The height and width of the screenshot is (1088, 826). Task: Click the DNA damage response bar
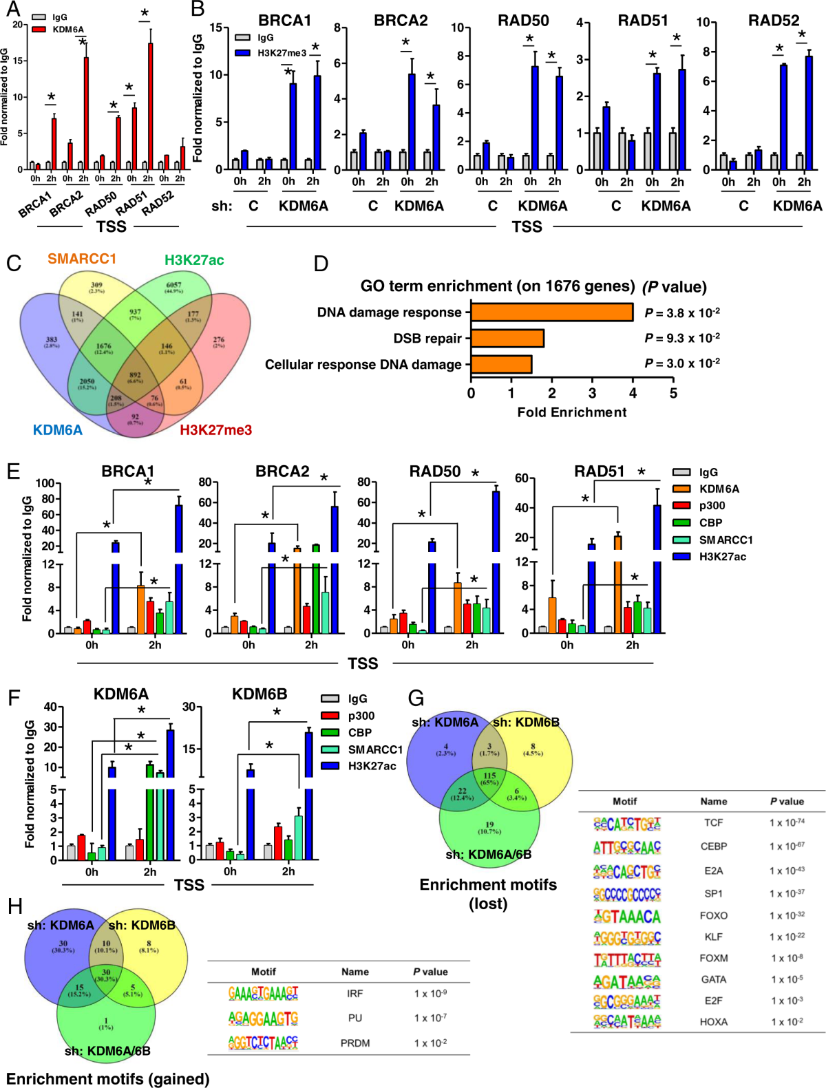[x=551, y=312]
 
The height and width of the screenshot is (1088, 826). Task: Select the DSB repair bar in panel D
[x=507, y=338]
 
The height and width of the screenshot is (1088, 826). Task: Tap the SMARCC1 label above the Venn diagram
[x=82, y=259]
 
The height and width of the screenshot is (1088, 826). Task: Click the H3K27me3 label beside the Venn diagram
[x=215, y=430]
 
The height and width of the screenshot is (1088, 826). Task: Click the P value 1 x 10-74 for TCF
[x=787, y=822]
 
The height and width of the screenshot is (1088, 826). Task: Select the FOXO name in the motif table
[x=713, y=915]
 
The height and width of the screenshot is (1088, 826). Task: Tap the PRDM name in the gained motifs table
[x=354, y=1043]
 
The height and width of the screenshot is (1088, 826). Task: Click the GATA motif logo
[x=627, y=980]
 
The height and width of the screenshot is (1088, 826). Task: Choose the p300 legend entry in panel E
[x=712, y=506]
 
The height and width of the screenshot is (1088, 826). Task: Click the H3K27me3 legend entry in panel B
[x=282, y=53]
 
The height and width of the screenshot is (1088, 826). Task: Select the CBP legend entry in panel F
[x=359, y=733]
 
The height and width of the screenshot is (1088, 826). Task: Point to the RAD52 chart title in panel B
[x=774, y=21]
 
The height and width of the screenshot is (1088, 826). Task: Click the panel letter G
[x=416, y=698]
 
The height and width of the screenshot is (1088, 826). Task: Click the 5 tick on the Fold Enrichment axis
[x=673, y=394]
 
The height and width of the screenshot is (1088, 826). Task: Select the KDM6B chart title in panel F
[x=260, y=694]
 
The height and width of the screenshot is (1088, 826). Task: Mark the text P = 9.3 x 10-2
[x=682, y=338]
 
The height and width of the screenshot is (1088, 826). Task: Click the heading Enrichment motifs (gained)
[x=108, y=1078]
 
